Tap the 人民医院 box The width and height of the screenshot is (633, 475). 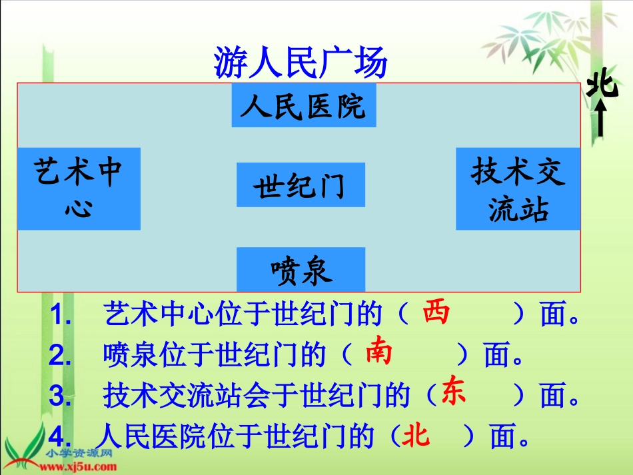click(x=303, y=105)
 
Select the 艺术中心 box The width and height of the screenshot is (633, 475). click(x=79, y=189)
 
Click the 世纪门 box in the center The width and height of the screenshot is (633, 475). click(x=301, y=185)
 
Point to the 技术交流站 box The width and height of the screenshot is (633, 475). click(x=518, y=189)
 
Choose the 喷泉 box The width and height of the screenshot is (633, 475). click(x=301, y=270)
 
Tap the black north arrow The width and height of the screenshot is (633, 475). click(x=601, y=120)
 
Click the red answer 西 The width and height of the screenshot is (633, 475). click(x=436, y=312)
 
